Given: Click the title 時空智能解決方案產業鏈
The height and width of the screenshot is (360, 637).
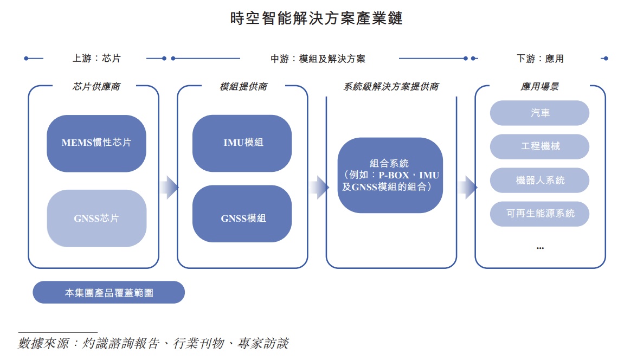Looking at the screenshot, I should pyautogui.click(x=316, y=19).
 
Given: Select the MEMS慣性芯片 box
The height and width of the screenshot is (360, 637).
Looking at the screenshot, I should pyautogui.click(x=96, y=143).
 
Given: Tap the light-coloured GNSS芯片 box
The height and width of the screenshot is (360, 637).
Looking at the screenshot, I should pyautogui.click(x=96, y=218).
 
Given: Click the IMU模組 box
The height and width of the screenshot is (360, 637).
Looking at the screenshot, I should pyautogui.click(x=242, y=143).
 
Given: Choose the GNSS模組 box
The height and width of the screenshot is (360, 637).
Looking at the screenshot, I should pyautogui.click(x=242, y=218).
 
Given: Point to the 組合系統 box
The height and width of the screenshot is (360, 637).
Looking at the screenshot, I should pyautogui.click(x=390, y=175).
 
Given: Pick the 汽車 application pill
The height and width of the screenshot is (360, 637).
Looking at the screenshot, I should pyautogui.click(x=539, y=113).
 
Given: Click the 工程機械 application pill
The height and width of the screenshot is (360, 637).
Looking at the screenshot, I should pyautogui.click(x=539, y=146).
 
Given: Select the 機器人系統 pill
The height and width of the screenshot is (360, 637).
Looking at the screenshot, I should pyautogui.click(x=539, y=180).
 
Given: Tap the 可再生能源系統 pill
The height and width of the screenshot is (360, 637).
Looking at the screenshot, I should pyautogui.click(x=539, y=214).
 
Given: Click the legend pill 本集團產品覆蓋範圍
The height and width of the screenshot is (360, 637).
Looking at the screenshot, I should pyautogui.click(x=108, y=293).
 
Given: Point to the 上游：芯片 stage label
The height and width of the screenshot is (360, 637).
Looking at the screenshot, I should pyautogui.click(x=96, y=59).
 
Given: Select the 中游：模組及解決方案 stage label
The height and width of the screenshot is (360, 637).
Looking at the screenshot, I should pyautogui.click(x=318, y=59).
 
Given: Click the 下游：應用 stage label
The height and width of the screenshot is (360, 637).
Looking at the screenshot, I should pyautogui.click(x=539, y=59).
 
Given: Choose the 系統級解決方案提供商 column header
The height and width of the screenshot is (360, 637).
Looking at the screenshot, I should pyautogui.click(x=391, y=87).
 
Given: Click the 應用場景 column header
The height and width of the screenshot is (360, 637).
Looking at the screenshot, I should pyautogui.click(x=539, y=87).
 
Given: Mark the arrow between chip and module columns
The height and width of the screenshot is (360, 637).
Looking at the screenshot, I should pyautogui.click(x=169, y=187).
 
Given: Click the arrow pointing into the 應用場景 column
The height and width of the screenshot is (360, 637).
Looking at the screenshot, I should pyautogui.click(x=467, y=187).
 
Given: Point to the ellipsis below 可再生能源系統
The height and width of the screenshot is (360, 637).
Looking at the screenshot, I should pyautogui.click(x=539, y=248).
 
